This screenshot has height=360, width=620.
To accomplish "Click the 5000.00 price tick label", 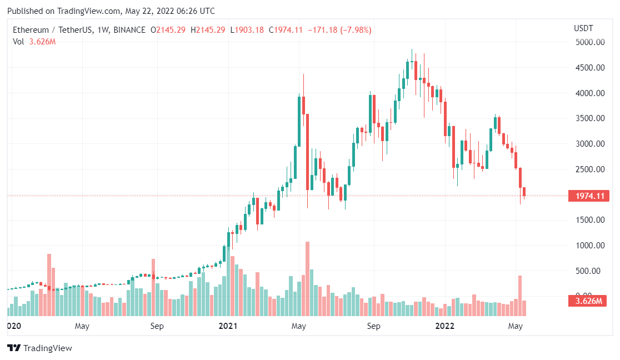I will click(x=589, y=42).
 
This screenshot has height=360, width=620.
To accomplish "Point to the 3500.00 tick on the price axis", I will click(x=589, y=118).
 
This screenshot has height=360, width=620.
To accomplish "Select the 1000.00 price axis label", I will click(x=589, y=246).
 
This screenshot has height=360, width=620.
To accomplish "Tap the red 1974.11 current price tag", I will click(x=589, y=196).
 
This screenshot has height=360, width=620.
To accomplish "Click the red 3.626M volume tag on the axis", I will click(x=589, y=301).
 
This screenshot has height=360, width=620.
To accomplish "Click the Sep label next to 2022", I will click(x=373, y=326).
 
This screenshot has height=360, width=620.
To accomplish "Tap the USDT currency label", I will click(x=583, y=28).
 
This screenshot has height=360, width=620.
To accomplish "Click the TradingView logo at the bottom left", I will click(x=39, y=348).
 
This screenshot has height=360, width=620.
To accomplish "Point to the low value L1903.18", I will click(x=247, y=30).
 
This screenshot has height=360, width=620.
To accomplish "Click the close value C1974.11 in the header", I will click(x=286, y=30).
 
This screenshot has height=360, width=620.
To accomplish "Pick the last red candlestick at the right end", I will click(x=524, y=192).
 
